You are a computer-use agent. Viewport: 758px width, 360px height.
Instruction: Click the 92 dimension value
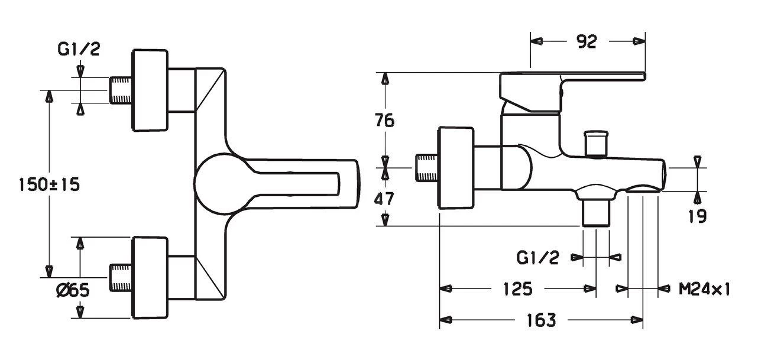(x=587, y=41)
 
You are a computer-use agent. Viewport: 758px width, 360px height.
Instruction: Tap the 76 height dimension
(x=385, y=121)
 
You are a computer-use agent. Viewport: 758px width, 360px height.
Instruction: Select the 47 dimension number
(x=384, y=199)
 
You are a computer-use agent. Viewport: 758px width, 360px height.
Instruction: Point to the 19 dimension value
(x=698, y=216)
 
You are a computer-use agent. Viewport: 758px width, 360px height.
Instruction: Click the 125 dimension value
(x=518, y=289)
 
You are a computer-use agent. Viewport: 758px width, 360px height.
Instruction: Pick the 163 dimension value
(x=542, y=320)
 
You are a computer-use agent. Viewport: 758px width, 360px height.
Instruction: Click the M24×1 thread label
(x=705, y=289)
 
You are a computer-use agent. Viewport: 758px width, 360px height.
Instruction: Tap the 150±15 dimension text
(x=50, y=185)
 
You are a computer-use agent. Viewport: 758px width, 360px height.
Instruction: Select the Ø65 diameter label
(x=73, y=290)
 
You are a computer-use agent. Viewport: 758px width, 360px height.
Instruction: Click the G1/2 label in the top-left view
(x=79, y=49)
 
